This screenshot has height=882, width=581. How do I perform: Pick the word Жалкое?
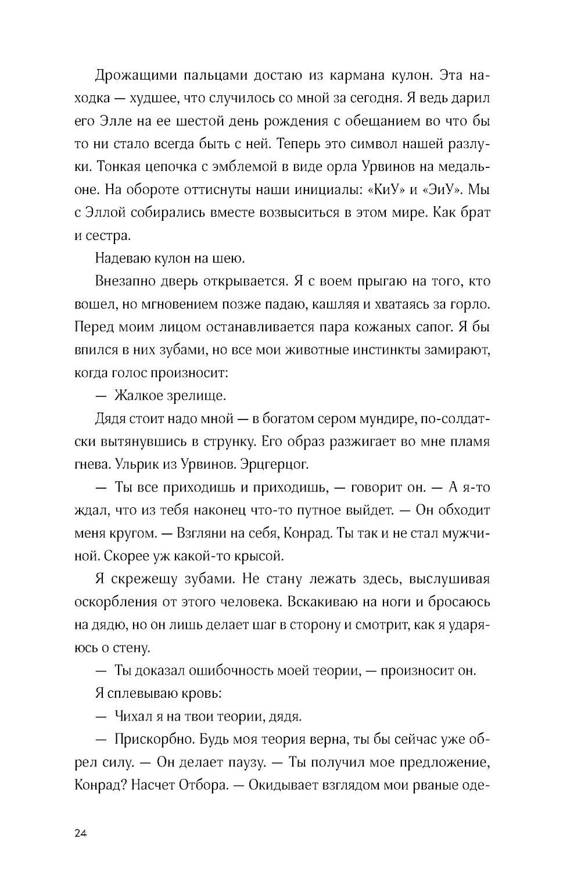[139, 396]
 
